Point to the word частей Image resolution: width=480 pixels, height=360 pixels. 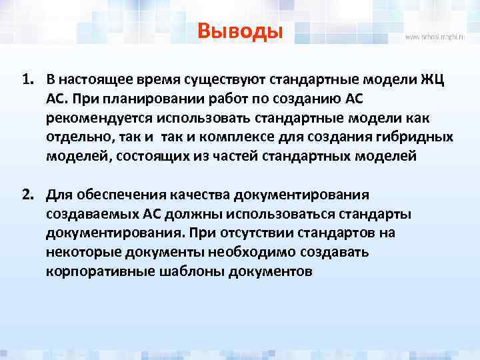(x=225, y=156)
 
